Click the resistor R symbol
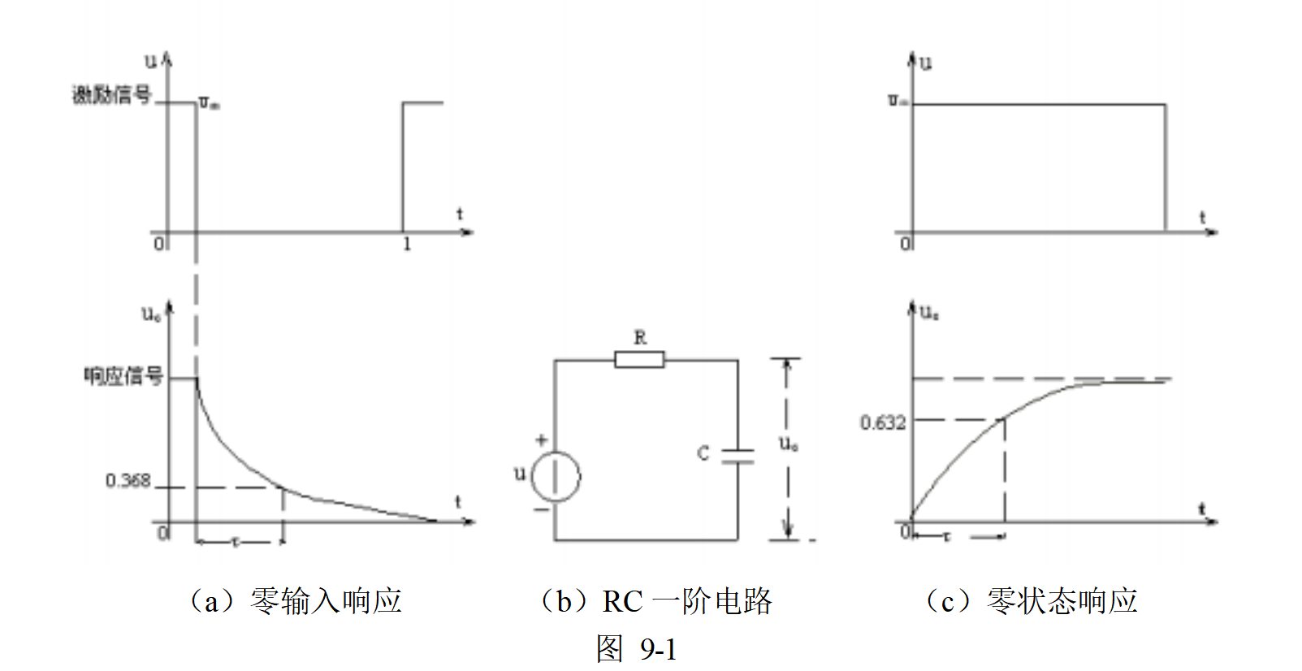(x=639, y=359)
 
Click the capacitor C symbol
(x=738, y=456)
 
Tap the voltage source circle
(x=556, y=477)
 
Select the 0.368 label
(x=128, y=481)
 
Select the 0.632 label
(x=883, y=422)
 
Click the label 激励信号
(x=112, y=95)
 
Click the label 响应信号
(x=123, y=375)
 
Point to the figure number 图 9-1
(x=637, y=649)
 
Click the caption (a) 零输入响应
(x=296, y=601)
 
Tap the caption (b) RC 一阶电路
(x=655, y=601)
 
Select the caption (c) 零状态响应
(x=1032, y=601)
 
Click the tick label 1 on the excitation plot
(x=406, y=244)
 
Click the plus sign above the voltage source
(x=541, y=440)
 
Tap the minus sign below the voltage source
(x=540, y=509)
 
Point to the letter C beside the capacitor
(x=703, y=453)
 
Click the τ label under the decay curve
(x=236, y=541)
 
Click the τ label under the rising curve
(x=946, y=536)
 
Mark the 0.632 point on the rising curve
(x=1005, y=418)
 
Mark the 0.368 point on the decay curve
(x=282, y=487)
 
